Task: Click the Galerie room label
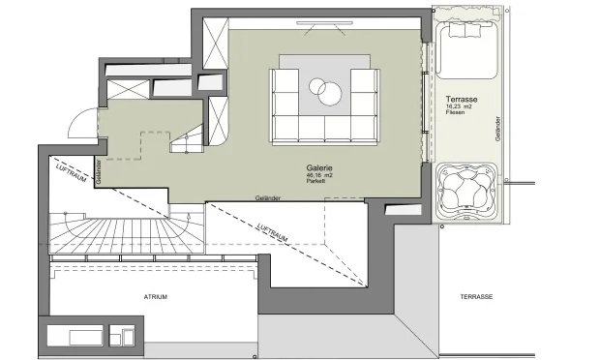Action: tap(318, 167)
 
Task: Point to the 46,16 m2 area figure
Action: tap(318, 175)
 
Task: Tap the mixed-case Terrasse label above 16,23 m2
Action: tap(461, 99)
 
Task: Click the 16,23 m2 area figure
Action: tap(461, 106)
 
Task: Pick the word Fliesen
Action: tap(457, 113)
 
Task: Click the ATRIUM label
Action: tap(155, 296)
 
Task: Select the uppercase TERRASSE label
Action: tap(476, 296)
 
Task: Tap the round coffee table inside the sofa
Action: tap(326, 91)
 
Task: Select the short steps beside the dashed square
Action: tap(185, 144)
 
